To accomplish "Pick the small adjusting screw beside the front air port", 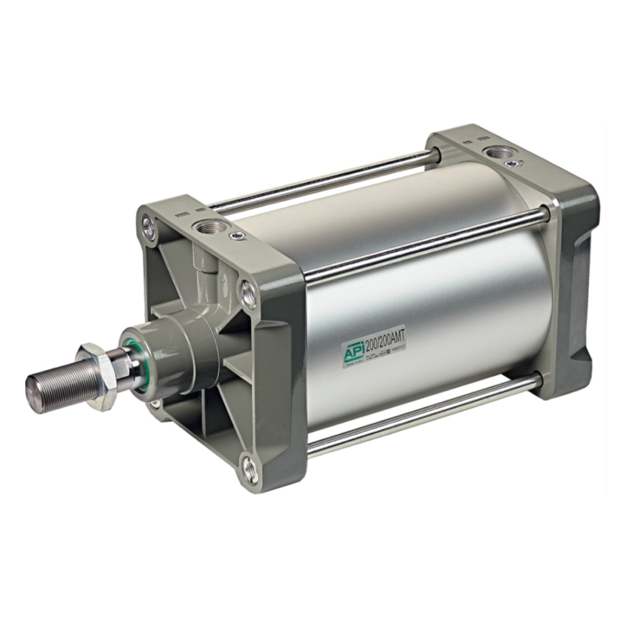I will [x=237, y=235].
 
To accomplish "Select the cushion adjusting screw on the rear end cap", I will [x=512, y=163].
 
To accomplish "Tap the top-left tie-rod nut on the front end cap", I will [x=148, y=227].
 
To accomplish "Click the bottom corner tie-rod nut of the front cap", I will [x=251, y=470].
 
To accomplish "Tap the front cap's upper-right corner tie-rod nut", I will [x=247, y=293].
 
